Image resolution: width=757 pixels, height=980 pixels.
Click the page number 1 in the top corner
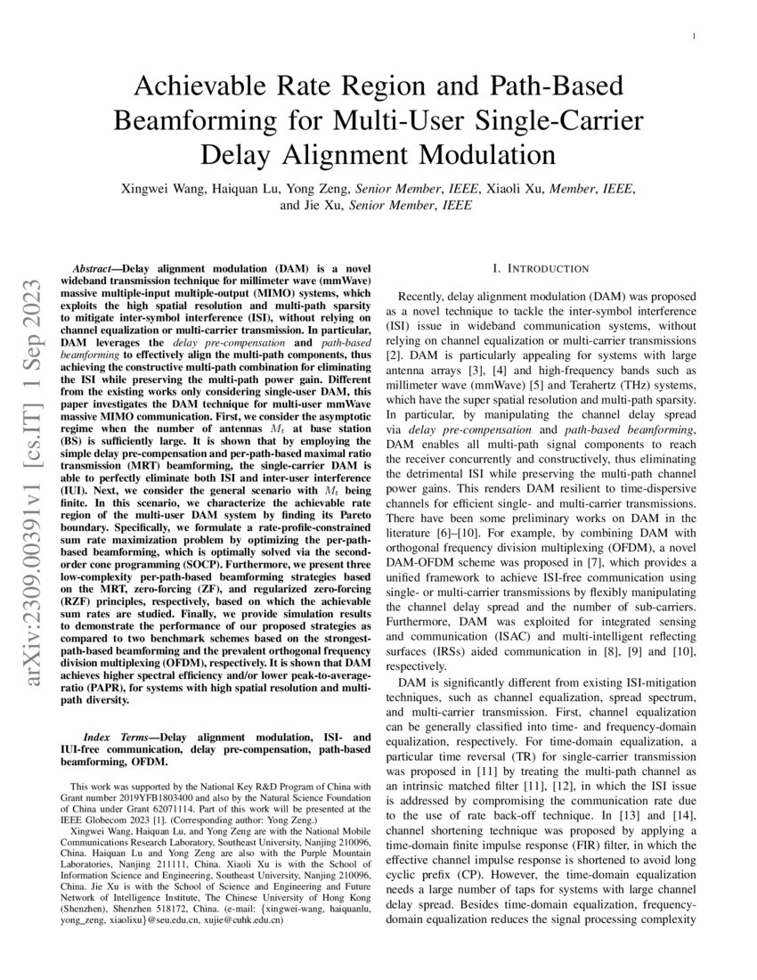(x=694, y=36)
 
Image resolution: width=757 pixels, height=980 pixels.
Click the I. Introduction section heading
(x=540, y=268)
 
